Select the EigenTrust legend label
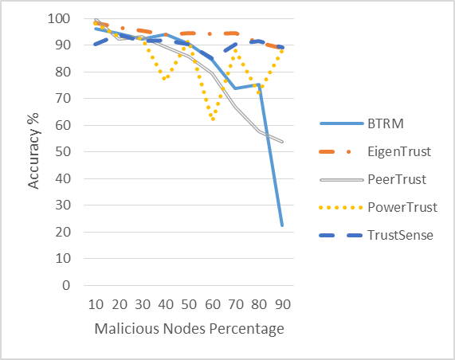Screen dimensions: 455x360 point(399,151)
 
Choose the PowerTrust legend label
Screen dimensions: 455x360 point(402,207)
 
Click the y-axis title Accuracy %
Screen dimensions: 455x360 point(33,151)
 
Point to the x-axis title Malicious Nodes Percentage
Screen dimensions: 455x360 point(189,329)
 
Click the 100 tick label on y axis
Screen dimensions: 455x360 point(59,18)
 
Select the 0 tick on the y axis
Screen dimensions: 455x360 point(66,285)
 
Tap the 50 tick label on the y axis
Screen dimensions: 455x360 point(63,151)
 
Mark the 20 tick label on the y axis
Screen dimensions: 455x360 point(63,232)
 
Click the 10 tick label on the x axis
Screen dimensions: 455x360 point(96,304)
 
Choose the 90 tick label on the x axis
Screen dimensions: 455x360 point(283,304)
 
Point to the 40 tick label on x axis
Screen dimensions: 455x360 point(166,304)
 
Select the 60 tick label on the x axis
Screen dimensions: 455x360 point(213,304)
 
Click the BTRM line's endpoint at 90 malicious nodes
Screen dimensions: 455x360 point(282,225)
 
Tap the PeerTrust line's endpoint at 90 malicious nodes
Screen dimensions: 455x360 point(282,142)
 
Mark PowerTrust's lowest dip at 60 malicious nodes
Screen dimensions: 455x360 point(213,119)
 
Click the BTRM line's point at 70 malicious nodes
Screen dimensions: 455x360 point(235,88)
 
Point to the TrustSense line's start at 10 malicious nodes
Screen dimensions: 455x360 point(95,45)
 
